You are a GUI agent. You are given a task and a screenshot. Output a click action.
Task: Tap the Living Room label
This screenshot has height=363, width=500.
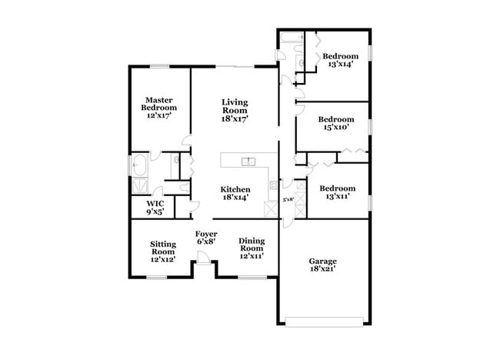point(235,110)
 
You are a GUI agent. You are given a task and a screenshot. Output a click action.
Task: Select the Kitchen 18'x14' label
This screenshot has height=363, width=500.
point(235,193)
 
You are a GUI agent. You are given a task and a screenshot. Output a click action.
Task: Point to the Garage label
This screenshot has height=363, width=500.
point(323,265)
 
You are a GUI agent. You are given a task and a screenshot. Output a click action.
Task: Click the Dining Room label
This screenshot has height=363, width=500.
point(252,248)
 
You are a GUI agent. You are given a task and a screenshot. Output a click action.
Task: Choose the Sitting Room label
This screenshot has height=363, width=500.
point(163,251)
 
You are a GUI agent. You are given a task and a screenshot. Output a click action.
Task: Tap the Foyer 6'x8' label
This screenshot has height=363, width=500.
point(205,236)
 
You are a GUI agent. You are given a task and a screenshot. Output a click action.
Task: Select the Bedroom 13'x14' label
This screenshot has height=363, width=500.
point(339,61)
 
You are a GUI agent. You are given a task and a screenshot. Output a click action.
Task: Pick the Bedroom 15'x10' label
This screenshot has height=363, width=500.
point(336,123)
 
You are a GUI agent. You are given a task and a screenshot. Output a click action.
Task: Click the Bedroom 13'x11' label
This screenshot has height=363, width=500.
point(338,192)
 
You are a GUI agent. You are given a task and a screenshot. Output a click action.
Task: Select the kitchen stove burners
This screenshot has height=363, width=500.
point(272,185)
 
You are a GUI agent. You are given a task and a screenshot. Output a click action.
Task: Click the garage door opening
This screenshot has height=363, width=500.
point(323,319)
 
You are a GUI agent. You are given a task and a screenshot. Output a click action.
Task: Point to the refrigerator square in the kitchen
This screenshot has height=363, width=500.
point(271,207)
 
